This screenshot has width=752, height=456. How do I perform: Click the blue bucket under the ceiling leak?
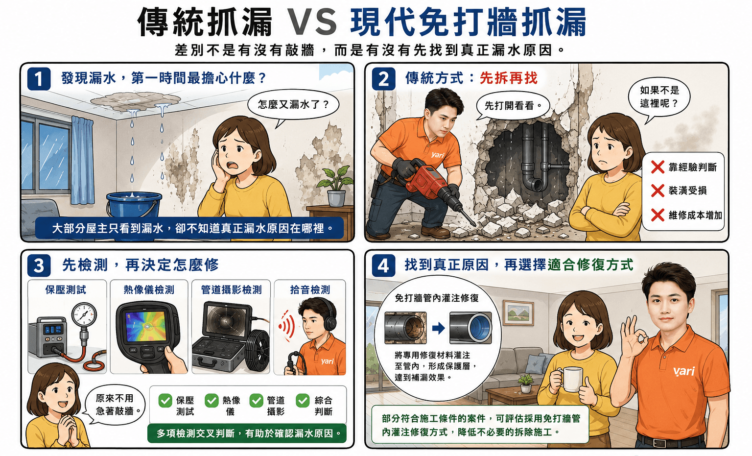(134, 206)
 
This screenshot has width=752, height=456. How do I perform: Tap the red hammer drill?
(433, 186)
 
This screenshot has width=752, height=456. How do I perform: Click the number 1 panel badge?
(39, 79)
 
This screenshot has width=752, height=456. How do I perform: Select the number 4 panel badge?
(383, 265)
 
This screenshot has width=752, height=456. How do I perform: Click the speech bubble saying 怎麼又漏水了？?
(293, 105)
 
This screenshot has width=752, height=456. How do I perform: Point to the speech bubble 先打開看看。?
(513, 106)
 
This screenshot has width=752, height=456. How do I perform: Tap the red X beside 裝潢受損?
(658, 191)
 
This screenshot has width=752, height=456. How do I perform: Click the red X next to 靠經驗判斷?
(658, 167)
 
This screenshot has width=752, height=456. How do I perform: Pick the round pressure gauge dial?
(84, 314)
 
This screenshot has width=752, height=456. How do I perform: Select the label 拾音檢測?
(310, 289)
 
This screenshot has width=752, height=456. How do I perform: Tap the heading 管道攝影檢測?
(231, 289)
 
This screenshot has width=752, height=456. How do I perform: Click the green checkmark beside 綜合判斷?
(303, 401)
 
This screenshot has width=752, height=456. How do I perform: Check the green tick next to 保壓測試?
(165, 401)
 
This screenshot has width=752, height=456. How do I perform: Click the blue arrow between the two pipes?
(438, 328)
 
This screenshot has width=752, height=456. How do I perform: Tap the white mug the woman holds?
(571, 379)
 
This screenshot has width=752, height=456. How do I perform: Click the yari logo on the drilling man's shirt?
(437, 155)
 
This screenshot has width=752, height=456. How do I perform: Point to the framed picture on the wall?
(518, 313)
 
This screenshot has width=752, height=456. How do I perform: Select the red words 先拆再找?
(508, 78)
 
